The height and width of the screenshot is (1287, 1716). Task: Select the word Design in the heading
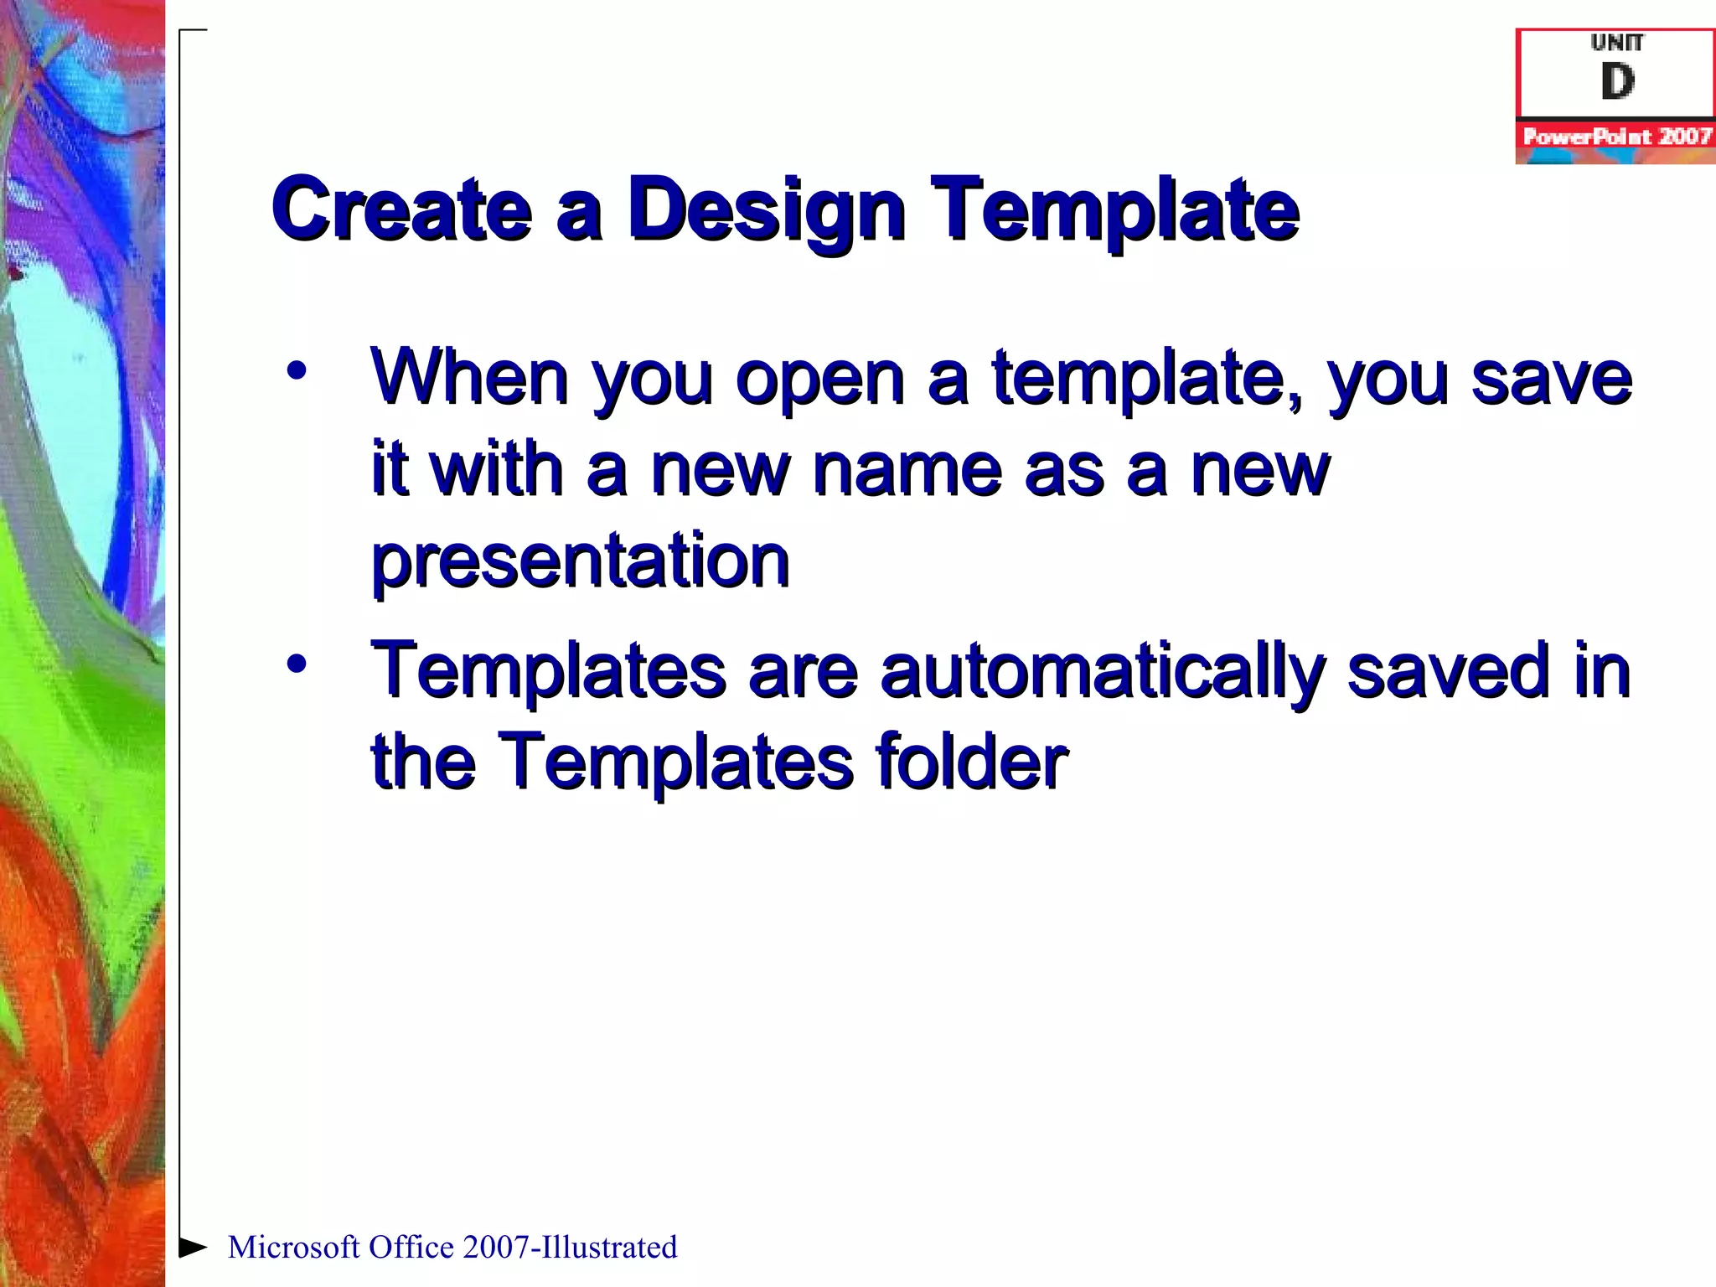coord(766,209)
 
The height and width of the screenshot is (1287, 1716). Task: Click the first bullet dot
coord(296,370)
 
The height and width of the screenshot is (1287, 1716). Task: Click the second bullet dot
coord(296,664)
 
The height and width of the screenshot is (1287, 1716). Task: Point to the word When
coord(470,379)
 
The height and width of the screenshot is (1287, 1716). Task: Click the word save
coord(1551,379)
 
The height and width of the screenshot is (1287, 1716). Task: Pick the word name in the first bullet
coord(907,470)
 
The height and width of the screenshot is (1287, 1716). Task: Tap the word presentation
coord(580,561)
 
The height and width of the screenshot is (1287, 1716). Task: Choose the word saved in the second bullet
coord(1448,671)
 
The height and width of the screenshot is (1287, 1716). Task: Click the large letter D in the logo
coord(1616,82)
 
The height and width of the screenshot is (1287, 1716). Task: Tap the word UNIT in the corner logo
coord(1616,42)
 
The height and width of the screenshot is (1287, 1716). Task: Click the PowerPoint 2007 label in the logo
coord(1616,137)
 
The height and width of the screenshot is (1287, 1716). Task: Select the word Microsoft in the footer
coord(293,1248)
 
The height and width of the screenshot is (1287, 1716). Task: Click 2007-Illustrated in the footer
coord(569,1248)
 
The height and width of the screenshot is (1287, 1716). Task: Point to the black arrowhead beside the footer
coord(193,1248)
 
